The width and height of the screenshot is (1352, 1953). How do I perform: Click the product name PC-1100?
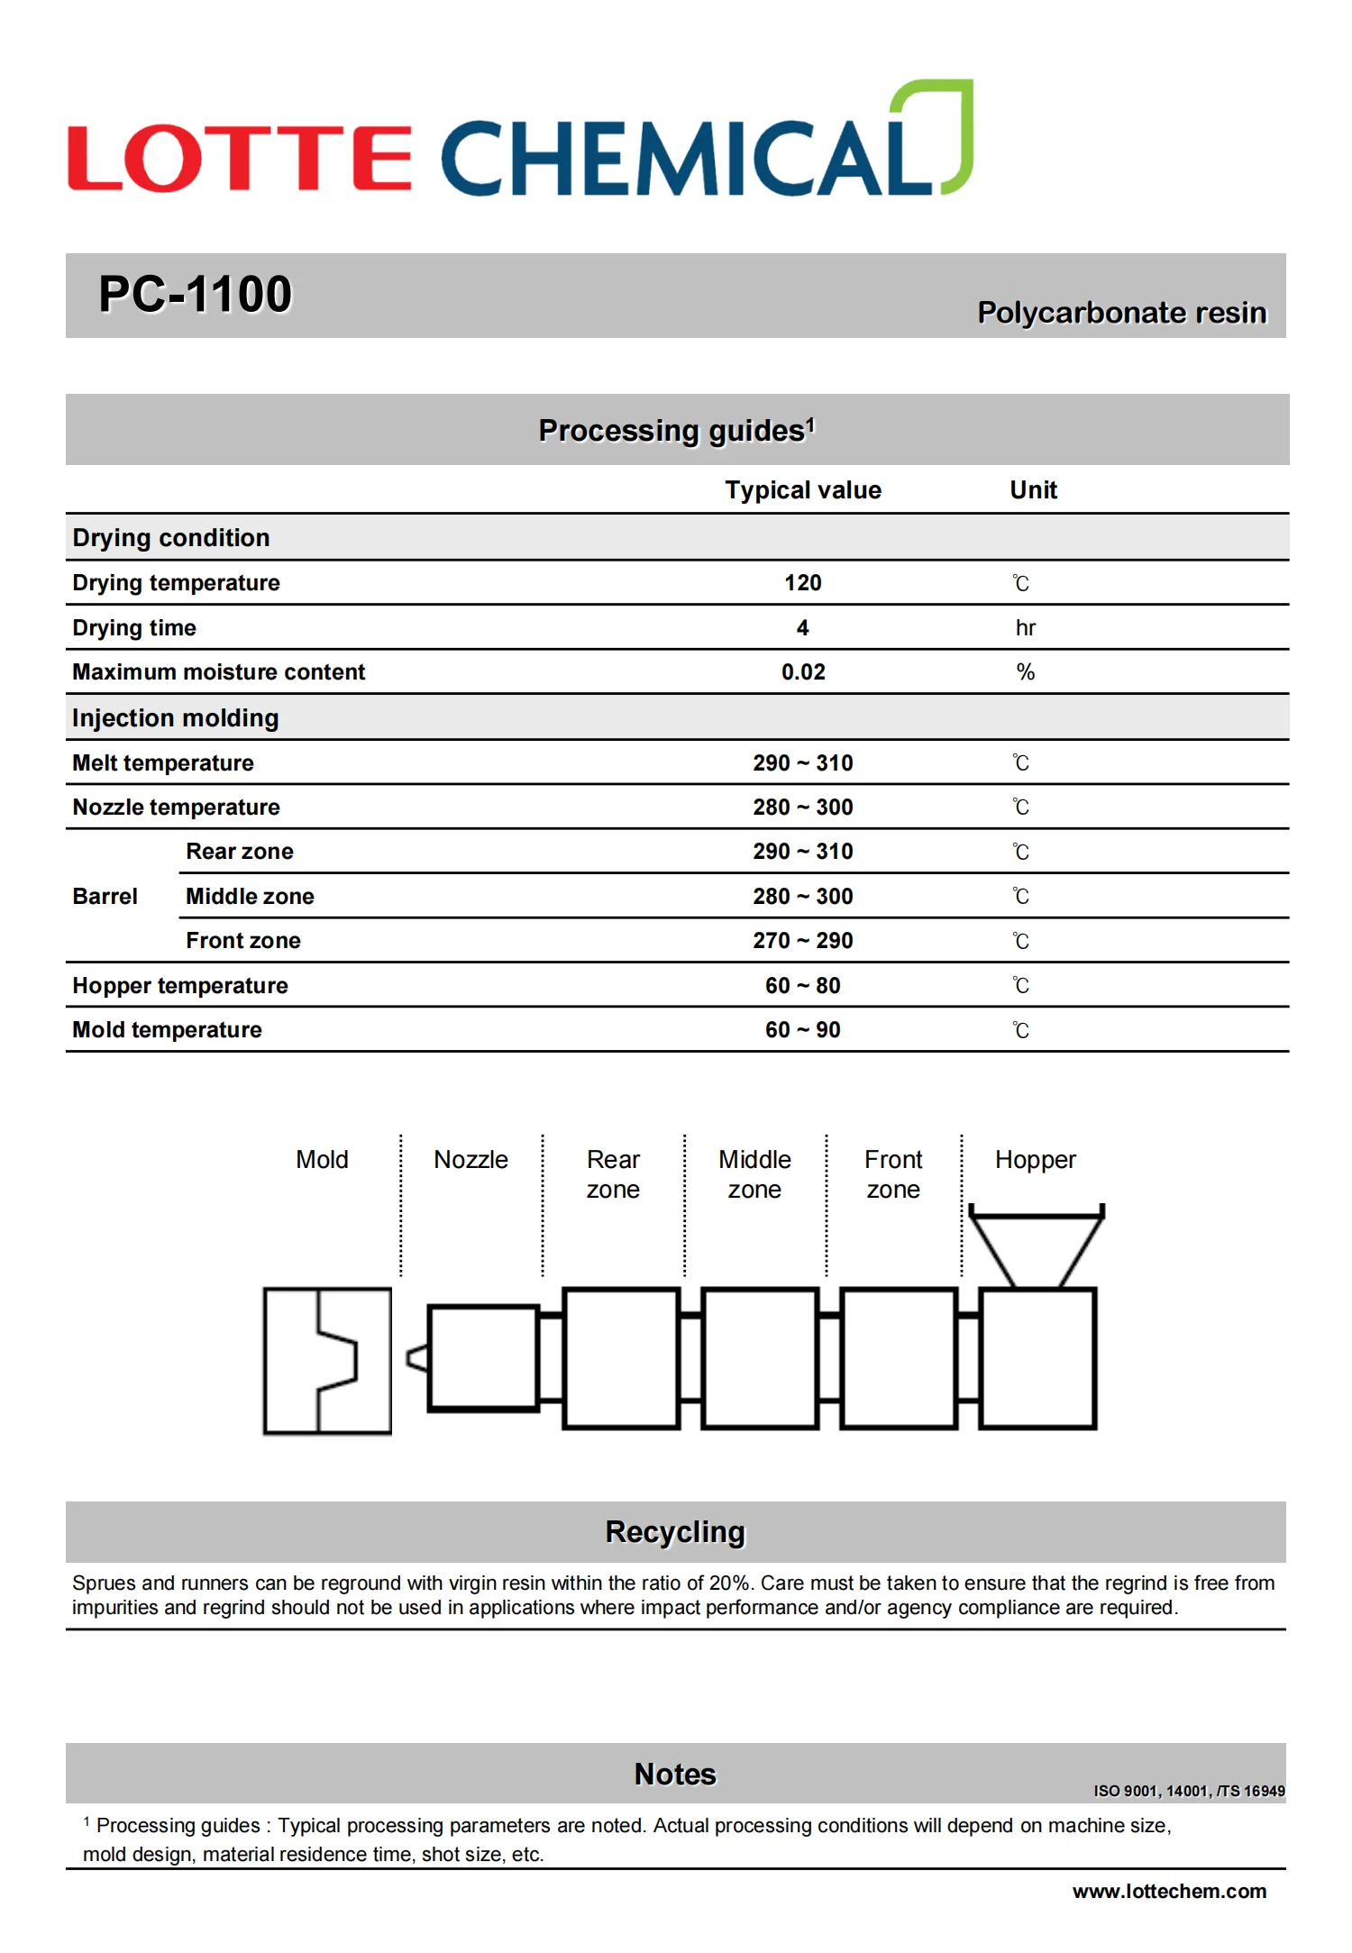[x=195, y=295]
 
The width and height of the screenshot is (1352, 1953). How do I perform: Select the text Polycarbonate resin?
[x=1121, y=313]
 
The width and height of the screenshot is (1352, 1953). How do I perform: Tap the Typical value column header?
[x=802, y=490]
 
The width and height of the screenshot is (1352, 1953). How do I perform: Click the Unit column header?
[x=1033, y=490]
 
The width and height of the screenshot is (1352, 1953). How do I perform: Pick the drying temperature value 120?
[x=802, y=583]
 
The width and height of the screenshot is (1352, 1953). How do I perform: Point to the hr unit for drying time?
[x=1026, y=628]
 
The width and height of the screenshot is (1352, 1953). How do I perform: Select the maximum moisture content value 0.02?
[x=802, y=672]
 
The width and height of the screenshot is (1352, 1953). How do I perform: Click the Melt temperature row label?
[x=163, y=763]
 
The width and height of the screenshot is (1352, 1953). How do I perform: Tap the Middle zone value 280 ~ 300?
[x=802, y=897]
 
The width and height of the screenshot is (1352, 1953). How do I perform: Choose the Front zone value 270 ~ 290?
[x=802, y=941]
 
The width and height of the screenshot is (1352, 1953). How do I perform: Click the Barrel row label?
[x=105, y=897]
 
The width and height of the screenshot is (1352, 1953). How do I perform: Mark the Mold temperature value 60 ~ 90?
[x=802, y=1030]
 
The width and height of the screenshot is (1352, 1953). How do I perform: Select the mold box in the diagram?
[x=326, y=1361]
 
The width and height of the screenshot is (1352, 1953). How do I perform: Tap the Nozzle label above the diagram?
[x=470, y=1160]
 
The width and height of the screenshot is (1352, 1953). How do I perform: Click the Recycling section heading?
[x=675, y=1532]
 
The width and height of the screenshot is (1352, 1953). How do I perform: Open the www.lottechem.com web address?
[x=1169, y=1892]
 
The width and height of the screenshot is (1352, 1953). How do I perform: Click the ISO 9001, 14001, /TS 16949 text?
[x=1189, y=1791]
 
